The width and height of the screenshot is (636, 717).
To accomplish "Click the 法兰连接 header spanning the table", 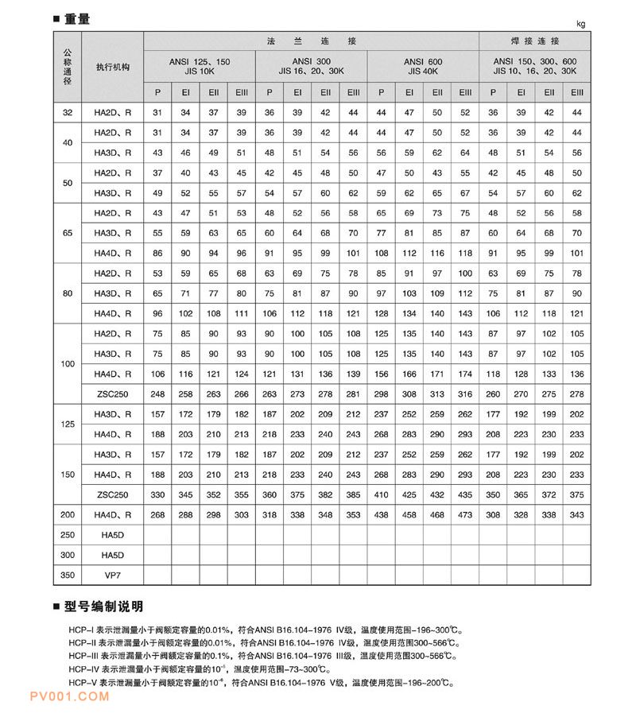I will [x=311, y=41].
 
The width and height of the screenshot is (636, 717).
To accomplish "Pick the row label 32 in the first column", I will [x=68, y=113].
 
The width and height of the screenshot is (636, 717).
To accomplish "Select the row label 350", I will [x=68, y=574].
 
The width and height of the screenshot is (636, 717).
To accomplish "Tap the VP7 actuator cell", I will [x=111, y=574].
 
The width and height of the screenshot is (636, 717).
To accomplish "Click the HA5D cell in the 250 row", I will [x=111, y=534].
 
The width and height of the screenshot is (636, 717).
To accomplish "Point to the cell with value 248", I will [x=157, y=393].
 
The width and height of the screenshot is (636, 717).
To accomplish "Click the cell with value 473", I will [x=465, y=514].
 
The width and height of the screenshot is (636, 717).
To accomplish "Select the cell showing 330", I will [x=157, y=494].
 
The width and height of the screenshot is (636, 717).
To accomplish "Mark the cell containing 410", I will [x=381, y=494].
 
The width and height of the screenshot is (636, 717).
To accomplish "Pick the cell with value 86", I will [x=157, y=253].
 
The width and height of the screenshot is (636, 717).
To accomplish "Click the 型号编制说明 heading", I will [x=103, y=607].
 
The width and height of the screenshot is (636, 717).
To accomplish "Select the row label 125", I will [x=68, y=424].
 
